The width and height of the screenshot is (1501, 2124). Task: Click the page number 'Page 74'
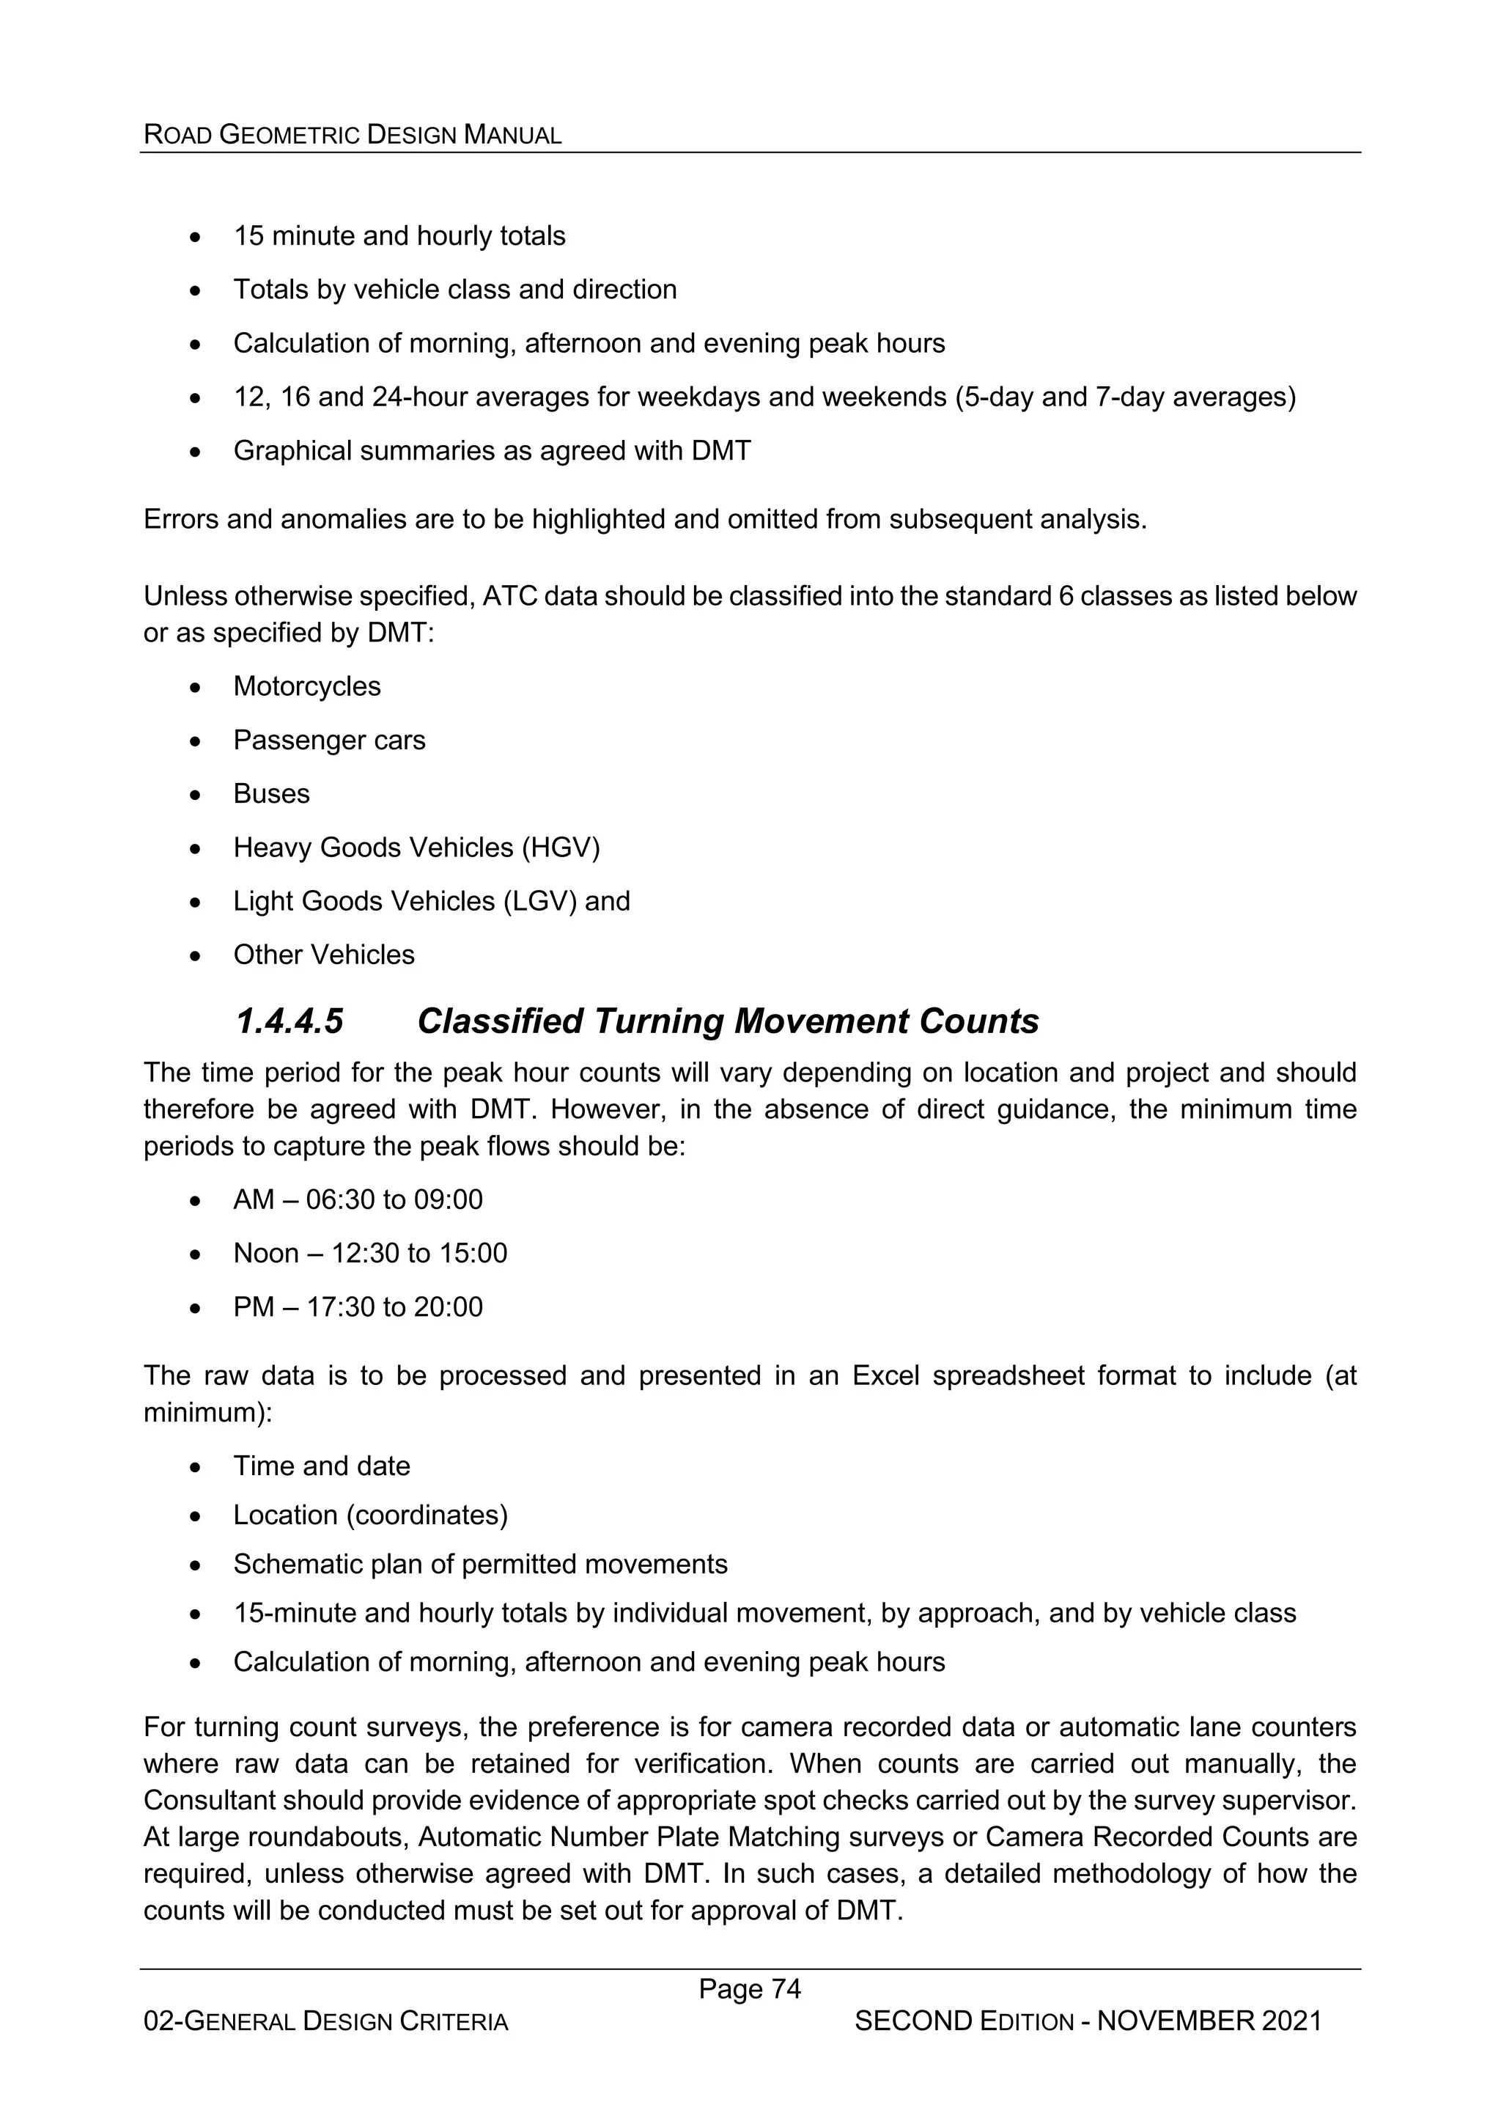coord(749,1988)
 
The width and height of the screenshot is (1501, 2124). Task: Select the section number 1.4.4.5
coord(289,1021)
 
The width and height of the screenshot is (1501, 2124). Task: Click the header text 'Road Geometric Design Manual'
coord(353,135)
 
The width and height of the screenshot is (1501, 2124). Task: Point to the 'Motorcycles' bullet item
coord(306,686)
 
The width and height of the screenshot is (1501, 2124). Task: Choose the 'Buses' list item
coord(271,794)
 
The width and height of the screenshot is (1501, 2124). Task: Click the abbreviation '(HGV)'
coord(561,848)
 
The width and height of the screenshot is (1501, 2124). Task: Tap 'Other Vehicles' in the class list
coord(324,955)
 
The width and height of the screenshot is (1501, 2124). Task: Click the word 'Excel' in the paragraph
coord(885,1375)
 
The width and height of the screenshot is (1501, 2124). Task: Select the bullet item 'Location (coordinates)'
coord(370,1515)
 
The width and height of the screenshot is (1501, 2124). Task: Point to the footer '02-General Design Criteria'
coord(325,2022)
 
